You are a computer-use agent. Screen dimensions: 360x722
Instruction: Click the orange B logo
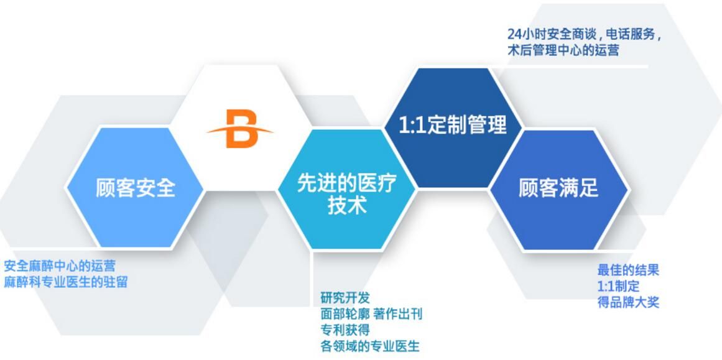240,129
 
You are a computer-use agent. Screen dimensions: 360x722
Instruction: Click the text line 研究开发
345,298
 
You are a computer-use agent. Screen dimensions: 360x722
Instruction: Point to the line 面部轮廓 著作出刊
371,314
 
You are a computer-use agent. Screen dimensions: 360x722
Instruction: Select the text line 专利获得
345,330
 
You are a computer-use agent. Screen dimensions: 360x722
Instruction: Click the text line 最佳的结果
628,270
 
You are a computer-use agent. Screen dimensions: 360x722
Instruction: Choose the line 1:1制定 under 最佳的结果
618,286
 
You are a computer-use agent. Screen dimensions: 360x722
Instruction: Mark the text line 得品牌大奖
628,302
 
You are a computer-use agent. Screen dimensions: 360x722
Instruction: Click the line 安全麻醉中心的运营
60,266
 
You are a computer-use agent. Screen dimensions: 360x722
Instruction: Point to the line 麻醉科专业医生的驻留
66,282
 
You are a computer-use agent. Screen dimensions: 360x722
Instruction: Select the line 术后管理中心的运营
563,50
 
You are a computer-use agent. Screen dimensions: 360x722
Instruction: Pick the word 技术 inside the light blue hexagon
346,206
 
